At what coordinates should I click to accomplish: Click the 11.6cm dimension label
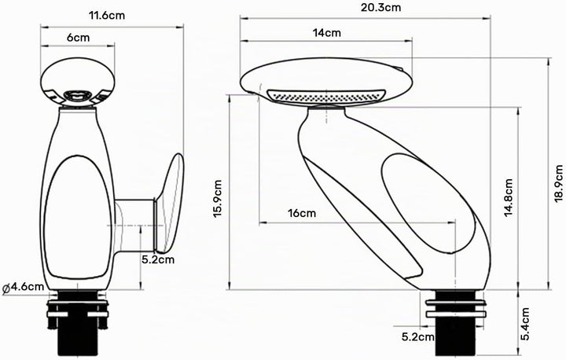tap(107, 16)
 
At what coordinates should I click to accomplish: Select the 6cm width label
tap(78, 37)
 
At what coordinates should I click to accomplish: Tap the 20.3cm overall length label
tap(380, 7)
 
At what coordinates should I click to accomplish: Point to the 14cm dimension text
tap(327, 33)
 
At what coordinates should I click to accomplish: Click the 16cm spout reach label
tap(302, 213)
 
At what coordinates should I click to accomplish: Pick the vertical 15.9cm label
tap(218, 199)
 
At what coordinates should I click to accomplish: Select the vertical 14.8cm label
tap(509, 197)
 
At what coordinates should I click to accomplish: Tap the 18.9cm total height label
tap(559, 183)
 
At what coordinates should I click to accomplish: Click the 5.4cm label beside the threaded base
tap(525, 324)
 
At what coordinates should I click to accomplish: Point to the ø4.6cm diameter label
tap(23, 288)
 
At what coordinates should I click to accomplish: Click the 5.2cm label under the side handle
tap(158, 259)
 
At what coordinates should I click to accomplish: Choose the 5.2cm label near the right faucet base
tap(418, 337)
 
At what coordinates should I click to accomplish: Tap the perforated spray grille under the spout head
tap(326, 96)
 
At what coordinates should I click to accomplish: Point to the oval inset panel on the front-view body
tap(78, 217)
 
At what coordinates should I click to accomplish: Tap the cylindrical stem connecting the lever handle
tap(135, 225)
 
